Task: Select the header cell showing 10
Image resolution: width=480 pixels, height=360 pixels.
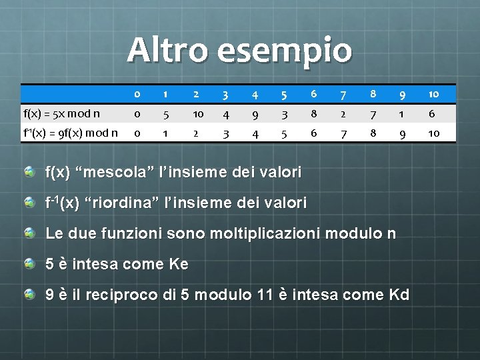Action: click(434, 94)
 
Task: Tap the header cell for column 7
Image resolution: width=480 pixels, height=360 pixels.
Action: click(341, 94)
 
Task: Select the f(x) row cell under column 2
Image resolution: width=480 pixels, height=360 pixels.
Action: click(198, 113)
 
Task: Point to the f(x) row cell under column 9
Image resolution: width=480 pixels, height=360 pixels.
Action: click(402, 113)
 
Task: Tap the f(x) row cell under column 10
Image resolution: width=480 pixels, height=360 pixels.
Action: click(434, 113)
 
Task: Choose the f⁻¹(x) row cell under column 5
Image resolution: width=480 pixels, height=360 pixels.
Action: click(283, 133)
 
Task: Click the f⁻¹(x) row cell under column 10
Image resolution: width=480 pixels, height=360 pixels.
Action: click(434, 133)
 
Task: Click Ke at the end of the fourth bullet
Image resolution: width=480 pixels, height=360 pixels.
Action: click(179, 264)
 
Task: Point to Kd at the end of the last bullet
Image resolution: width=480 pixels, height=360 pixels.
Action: click(398, 295)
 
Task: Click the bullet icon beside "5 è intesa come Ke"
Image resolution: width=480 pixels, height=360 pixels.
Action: click(29, 264)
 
